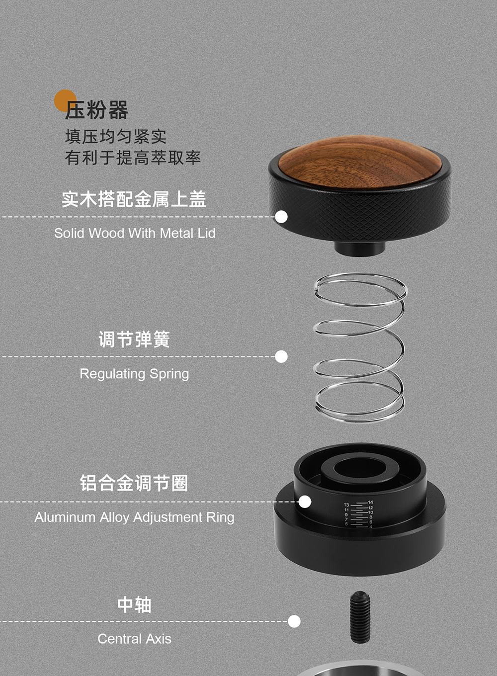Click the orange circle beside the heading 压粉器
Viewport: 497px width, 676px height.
click(x=65, y=101)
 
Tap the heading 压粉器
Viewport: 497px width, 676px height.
click(x=96, y=110)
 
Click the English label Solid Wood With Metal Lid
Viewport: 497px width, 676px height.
click(x=135, y=233)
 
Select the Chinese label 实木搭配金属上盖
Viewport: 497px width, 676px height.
click(x=134, y=199)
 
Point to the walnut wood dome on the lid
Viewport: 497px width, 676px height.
click(x=360, y=163)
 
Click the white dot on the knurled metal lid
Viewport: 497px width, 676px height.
click(x=281, y=217)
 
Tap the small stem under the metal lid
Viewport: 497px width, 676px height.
click(x=360, y=249)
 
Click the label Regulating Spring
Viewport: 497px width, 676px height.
click(x=134, y=374)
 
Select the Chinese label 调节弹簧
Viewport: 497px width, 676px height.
click(x=134, y=339)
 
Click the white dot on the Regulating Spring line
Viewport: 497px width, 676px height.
click(x=281, y=356)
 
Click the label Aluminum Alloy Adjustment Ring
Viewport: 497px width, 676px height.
click(x=134, y=517)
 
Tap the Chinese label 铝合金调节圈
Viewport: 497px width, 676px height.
click(x=134, y=483)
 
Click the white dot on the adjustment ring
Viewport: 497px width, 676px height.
click(x=305, y=502)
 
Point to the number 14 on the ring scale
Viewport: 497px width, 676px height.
click(x=371, y=502)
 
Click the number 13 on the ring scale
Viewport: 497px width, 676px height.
click(x=346, y=505)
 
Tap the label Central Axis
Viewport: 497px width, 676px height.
click(x=134, y=639)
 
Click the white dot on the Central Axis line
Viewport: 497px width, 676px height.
click(x=294, y=621)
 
